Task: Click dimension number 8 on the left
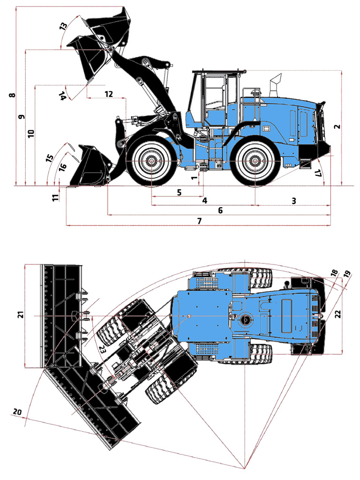point(13,95)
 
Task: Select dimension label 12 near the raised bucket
point(109,94)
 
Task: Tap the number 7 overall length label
point(200,221)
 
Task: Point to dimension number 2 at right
point(337,127)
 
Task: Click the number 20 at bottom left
point(17,412)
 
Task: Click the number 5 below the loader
point(179,192)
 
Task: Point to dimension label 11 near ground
point(56,197)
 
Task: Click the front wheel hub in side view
point(151,161)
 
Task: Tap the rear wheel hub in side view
point(255,161)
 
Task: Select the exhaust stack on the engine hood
point(275,83)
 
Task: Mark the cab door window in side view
point(216,94)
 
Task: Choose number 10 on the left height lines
point(31,134)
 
